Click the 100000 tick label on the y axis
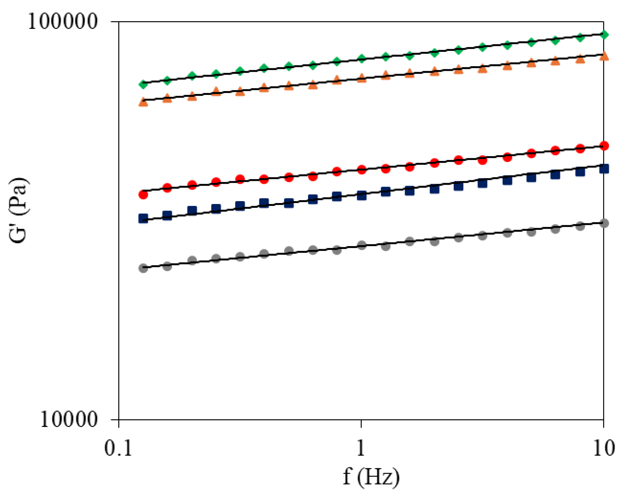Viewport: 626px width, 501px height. click(x=63, y=22)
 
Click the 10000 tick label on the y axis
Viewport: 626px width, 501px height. click(x=69, y=420)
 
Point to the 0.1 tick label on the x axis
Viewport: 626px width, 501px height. click(x=118, y=448)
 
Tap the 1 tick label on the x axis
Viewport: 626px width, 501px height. click(x=361, y=448)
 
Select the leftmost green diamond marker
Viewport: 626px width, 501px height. click(x=143, y=84)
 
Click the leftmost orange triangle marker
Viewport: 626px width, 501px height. click(x=143, y=102)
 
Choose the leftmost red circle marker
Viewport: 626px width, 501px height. click(x=143, y=194)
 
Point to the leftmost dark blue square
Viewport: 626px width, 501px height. click(x=143, y=219)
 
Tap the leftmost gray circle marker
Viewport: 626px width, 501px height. click(x=143, y=268)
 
